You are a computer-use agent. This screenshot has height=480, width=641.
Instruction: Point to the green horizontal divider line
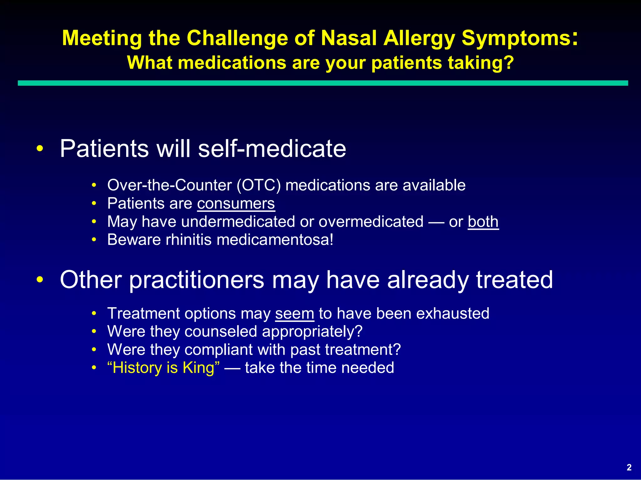pos(322,83)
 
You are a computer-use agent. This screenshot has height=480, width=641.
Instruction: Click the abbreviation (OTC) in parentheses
pos(259,185)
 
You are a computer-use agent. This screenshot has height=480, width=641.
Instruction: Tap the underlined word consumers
pos(236,203)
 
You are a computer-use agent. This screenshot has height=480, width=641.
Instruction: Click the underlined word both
pos(483,222)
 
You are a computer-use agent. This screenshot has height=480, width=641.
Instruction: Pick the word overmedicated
pos(371,222)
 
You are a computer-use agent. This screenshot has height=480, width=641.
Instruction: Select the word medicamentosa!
pos(275,240)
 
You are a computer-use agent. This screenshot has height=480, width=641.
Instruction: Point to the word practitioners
pos(197,280)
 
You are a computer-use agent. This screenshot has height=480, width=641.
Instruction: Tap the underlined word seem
pos(295,313)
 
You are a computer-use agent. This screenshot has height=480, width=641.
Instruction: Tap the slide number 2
pos(629,467)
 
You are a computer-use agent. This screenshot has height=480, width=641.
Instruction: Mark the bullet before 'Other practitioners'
pos(39,279)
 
